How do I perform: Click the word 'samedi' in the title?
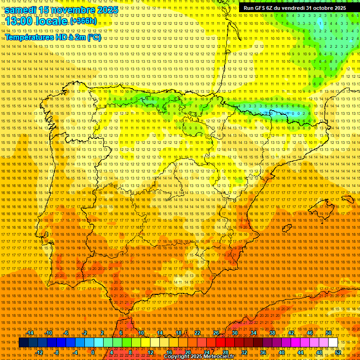pyautogui.click(x=22, y=10)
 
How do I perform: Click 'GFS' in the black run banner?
pyautogui.click(x=260, y=8)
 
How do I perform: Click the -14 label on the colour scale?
pyautogui.click(x=30, y=333)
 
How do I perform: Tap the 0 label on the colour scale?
pyautogui.click(x=93, y=352)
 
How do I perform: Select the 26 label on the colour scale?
pyautogui.click(x=216, y=333)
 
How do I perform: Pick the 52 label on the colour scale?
pyautogui.click(x=338, y=352)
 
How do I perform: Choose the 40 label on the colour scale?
pyautogui.click(x=282, y=352)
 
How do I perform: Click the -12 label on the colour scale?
pyautogui.click(x=39, y=352)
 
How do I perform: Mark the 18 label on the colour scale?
pyautogui.click(x=179, y=333)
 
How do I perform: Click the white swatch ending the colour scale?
pyautogui.click(x=333, y=343)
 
